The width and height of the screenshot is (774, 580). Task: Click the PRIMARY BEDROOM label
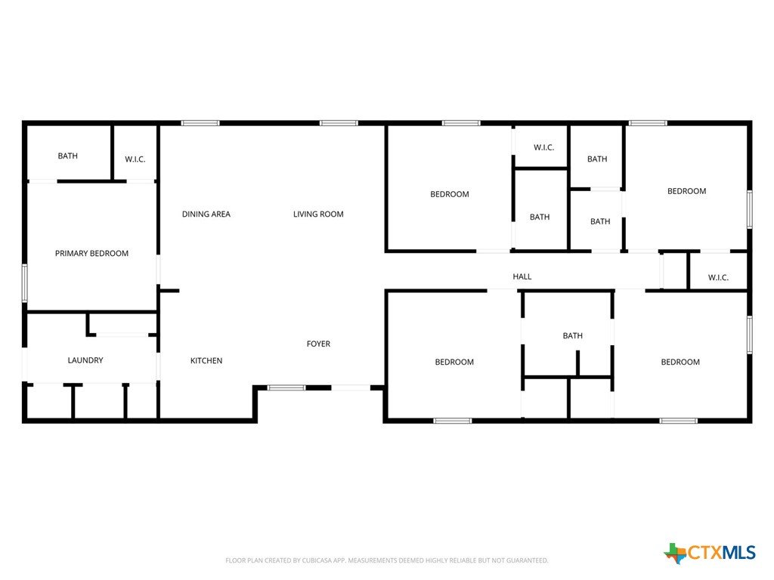click(91, 254)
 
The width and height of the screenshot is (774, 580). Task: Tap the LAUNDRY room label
click(85, 360)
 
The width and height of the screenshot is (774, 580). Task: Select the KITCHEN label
click(206, 361)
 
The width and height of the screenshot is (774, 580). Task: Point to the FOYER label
click(318, 344)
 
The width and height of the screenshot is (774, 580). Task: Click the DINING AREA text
click(206, 214)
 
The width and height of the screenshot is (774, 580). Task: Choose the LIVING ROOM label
click(318, 214)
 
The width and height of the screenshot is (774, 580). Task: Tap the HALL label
click(522, 276)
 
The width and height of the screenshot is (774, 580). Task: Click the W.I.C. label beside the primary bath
click(135, 159)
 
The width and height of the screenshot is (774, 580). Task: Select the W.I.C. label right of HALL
click(718, 278)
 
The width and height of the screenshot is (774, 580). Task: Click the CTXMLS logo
click(710, 553)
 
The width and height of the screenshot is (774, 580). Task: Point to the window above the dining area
click(200, 123)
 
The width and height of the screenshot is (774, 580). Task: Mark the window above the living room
click(339, 123)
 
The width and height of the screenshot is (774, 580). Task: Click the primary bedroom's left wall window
click(25, 283)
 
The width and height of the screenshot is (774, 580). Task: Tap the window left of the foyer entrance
click(286, 387)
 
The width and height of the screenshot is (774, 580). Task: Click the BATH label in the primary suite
click(67, 156)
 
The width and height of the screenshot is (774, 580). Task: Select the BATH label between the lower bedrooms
click(573, 336)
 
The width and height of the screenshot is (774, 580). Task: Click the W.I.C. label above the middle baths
click(544, 147)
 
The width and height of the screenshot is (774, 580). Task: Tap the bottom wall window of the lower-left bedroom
click(453, 421)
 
